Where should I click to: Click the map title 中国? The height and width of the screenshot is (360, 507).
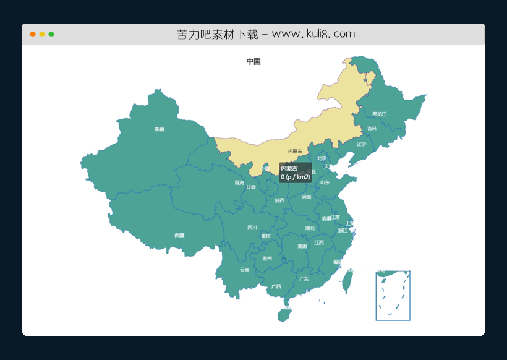[x=253, y=62]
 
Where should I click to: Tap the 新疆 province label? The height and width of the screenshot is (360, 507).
[x=160, y=129]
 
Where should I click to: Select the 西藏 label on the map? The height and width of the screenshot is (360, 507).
[x=179, y=235]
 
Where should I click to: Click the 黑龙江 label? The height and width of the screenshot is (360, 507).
[x=379, y=114]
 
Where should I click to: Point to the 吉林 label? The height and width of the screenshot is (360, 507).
[x=372, y=129]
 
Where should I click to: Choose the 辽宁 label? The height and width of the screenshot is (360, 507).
[x=361, y=144]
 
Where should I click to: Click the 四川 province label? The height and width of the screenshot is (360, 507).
[x=252, y=228]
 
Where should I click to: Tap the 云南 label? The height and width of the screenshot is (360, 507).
[x=245, y=270]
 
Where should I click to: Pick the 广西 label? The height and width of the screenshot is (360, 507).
[x=276, y=286]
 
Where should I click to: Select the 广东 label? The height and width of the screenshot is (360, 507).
[x=304, y=279]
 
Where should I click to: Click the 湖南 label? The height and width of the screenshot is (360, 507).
[x=302, y=246]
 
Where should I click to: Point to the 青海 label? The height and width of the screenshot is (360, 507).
[x=239, y=182]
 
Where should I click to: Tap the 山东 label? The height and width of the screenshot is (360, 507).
[x=325, y=182]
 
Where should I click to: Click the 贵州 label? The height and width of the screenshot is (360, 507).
[x=267, y=259]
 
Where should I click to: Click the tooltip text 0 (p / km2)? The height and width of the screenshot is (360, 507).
[x=296, y=177]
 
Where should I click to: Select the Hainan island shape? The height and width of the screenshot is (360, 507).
[x=283, y=315]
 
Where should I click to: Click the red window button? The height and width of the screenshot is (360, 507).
[x=33, y=34]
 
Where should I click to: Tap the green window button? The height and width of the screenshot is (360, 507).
[x=51, y=34]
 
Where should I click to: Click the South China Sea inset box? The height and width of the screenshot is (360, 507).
[x=393, y=296]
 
